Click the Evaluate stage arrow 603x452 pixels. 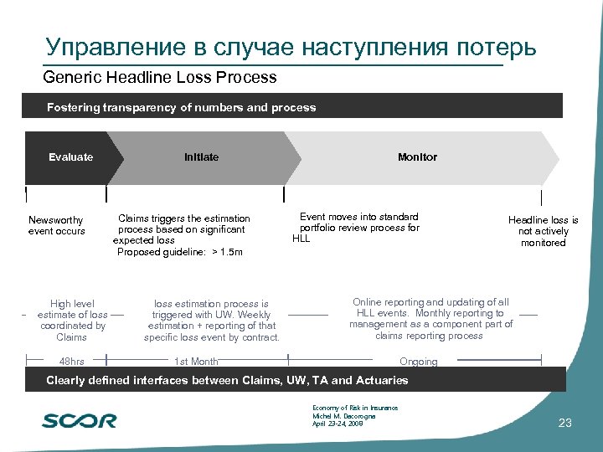tap(71, 157)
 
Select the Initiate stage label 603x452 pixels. tap(201, 157)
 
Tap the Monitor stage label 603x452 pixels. tap(417, 157)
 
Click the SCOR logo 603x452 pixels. tap(80, 420)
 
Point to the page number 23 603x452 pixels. tap(564, 423)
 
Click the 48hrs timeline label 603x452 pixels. tap(72, 362)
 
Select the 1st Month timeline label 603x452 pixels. tap(196, 362)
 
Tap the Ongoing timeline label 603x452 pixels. tap(419, 362)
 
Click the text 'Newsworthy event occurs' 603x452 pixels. tap(57, 225)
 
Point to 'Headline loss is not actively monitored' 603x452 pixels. tap(543, 231)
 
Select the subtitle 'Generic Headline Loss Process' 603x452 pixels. tap(160, 78)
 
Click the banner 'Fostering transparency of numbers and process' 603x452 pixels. tap(182, 107)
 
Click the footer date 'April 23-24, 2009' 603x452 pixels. tap(338, 424)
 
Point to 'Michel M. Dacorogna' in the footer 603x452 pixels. tap(343, 416)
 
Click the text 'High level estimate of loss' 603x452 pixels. tap(72, 310)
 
